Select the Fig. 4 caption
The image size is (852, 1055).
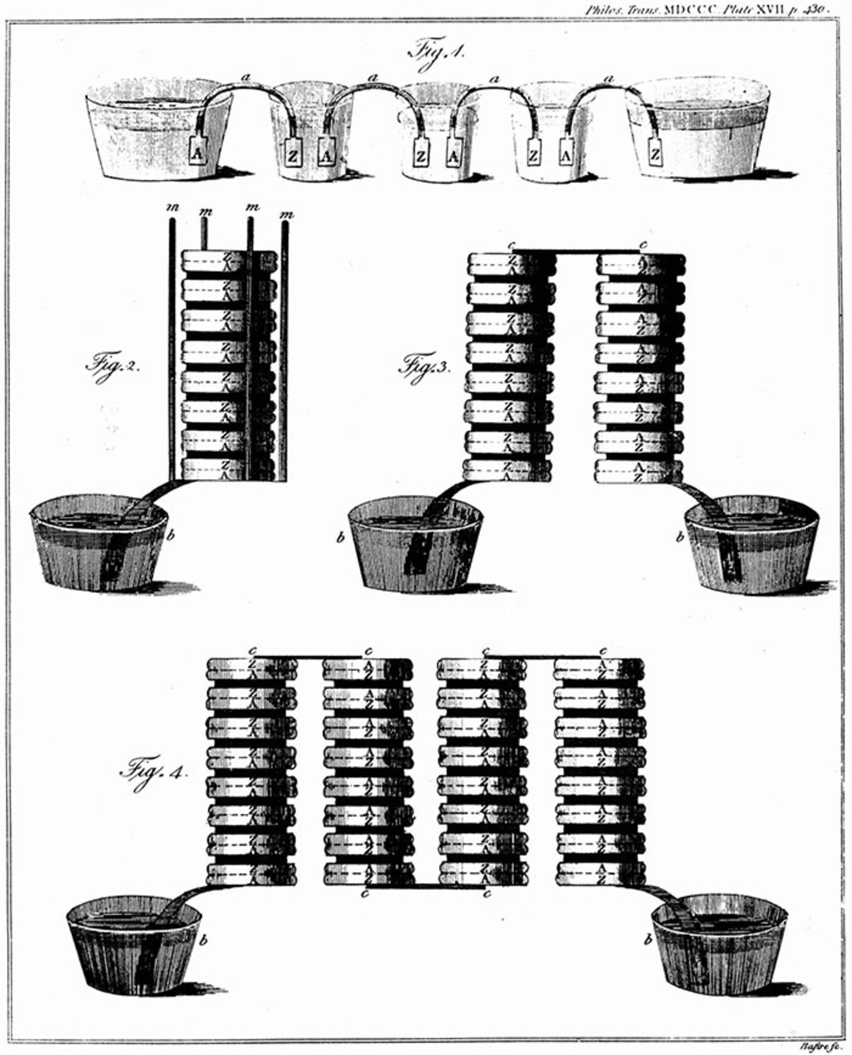coord(153,773)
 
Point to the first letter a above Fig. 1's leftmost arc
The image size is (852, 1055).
coord(246,77)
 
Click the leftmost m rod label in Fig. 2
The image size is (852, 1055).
coord(172,208)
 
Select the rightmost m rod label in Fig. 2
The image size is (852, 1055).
coord(286,214)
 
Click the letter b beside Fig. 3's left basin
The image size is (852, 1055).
coord(339,538)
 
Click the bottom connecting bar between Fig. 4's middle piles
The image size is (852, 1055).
coord(426,886)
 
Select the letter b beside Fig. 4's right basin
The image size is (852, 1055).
coord(647,940)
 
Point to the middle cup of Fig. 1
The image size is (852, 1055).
coord(437,133)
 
